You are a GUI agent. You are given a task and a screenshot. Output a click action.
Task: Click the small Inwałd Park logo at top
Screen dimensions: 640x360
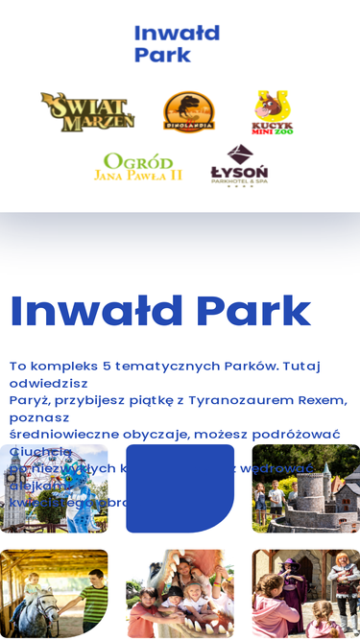pos(177,44)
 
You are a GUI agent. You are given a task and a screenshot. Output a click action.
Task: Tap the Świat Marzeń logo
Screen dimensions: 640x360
pos(87,111)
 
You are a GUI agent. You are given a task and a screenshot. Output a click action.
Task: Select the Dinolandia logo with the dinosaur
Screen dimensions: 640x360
pos(188,111)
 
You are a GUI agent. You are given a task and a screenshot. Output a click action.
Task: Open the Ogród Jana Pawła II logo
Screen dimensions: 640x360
pos(137,167)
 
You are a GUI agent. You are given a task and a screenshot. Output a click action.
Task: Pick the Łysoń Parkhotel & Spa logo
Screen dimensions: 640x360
pos(239,165)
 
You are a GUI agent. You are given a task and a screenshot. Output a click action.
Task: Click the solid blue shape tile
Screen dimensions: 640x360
pos(180,487)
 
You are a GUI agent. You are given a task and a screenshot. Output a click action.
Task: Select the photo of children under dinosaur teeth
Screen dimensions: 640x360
pos(180,593)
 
